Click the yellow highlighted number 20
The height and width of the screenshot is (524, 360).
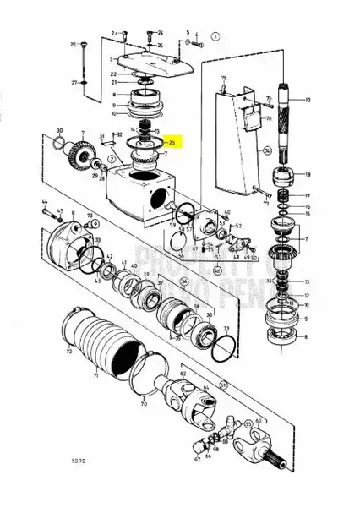(x=172, y=145)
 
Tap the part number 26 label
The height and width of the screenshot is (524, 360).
(x=74, y=44)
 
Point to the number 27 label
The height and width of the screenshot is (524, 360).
(x=74, y=82)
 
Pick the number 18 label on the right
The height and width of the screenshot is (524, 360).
(x=308, y=175)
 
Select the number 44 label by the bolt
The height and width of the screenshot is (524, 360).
(x=44, y=200)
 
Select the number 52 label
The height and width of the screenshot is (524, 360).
(x=239, y=226)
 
